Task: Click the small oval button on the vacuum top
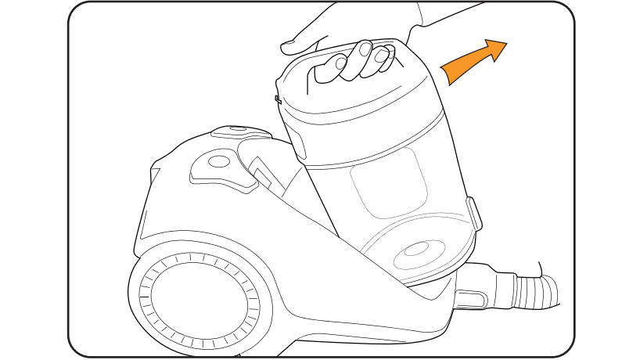(x=219, y=162)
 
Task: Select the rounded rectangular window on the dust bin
(x=389, y=189)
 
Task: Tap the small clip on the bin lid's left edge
(x=278, y=99)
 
